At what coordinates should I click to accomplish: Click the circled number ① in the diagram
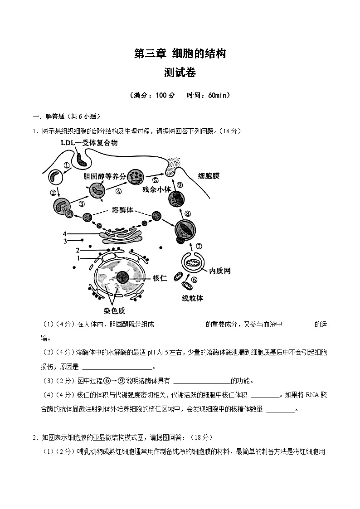pyautogui.click(x=67, y=166)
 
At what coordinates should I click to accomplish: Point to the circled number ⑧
pyautogui.click(x=187, y=214)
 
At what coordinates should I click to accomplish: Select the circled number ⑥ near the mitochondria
pyautogui.click(x=195, y=280)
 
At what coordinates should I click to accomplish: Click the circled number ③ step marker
pyautogui.click(x=82, y=204)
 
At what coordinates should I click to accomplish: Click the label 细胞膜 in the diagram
pyautogui.click(x=209, y=176)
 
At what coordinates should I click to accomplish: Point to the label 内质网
pyautogui.click(x=220, y=271)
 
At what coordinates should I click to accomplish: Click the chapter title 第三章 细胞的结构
pyautogui.click(x=180, y=54)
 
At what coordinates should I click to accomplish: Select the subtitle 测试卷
pyautogui.click(x=180, y=73)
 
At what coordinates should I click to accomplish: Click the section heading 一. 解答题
pyautogui.click(x=50, y=117)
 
